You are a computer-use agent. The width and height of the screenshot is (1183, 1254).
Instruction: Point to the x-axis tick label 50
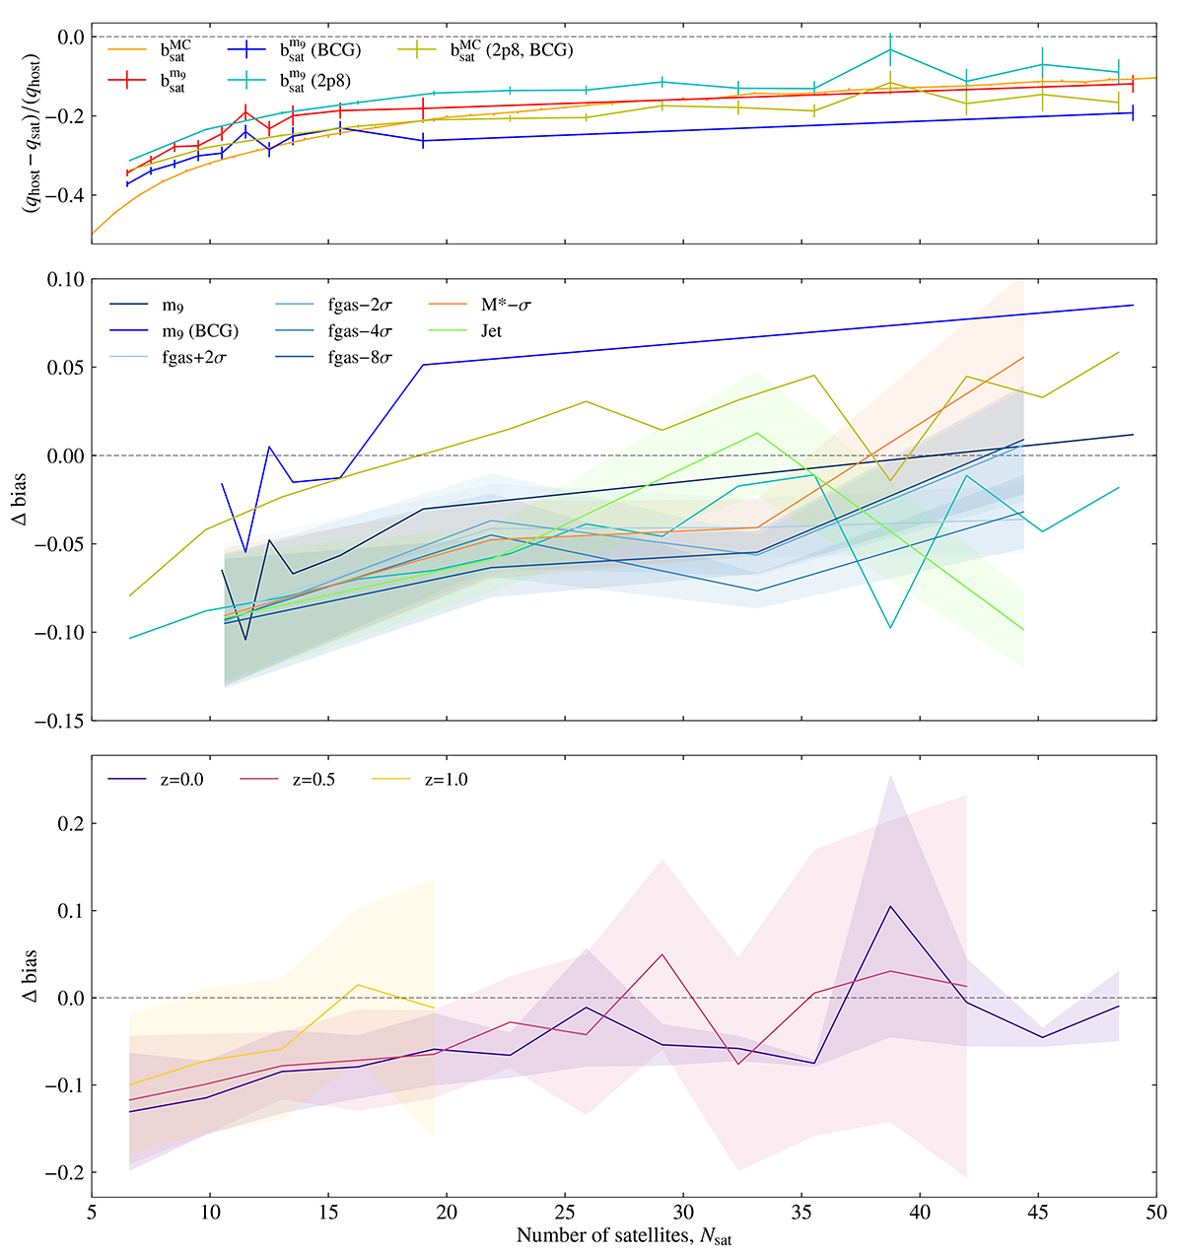(x=1156, y=1210)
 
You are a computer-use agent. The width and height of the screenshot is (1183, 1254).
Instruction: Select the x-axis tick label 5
(x=92, y=1210)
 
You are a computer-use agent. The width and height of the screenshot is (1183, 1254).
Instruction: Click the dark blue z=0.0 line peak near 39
(x=890, y=906)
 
